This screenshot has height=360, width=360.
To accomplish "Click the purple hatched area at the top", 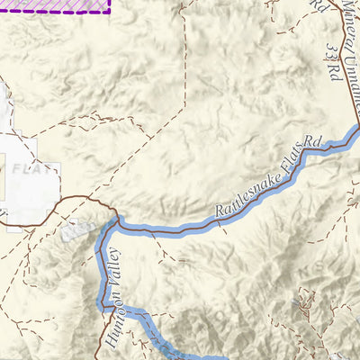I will (54, 5).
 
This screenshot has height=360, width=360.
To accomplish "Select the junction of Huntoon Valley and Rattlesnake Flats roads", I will (118, 219).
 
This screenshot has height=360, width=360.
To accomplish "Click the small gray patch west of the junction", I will (79, 230).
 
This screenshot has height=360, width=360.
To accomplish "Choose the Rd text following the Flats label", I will (312, 142).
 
